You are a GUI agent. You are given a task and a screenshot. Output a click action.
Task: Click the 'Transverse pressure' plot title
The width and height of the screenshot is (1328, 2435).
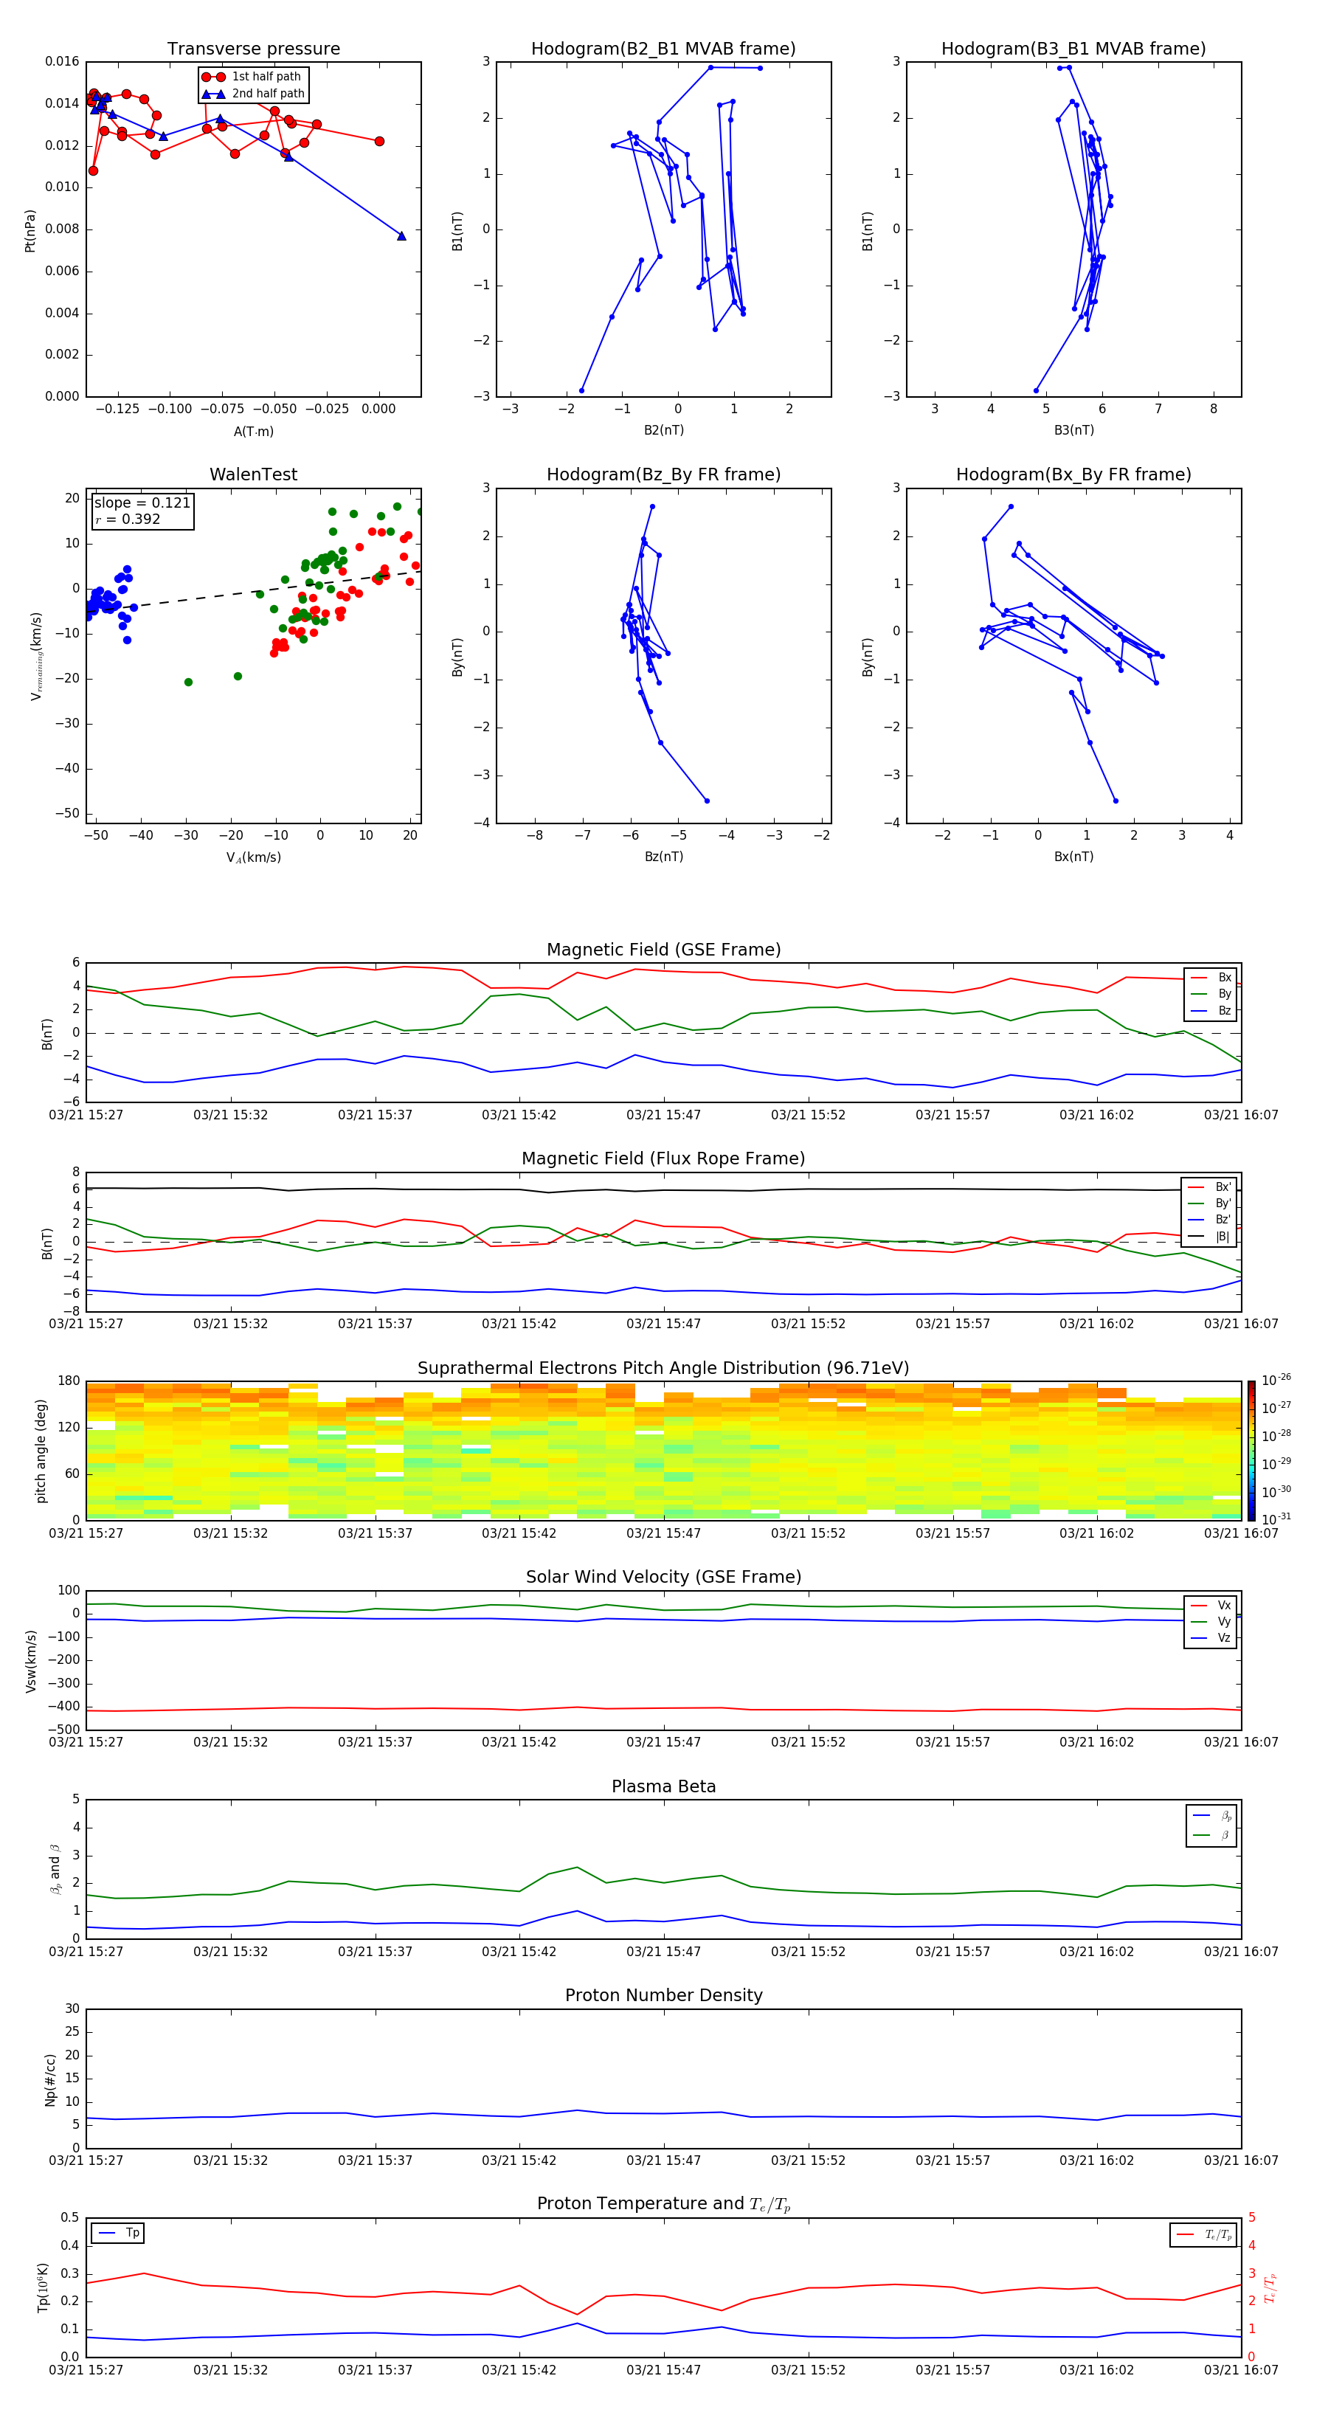click(253, 49)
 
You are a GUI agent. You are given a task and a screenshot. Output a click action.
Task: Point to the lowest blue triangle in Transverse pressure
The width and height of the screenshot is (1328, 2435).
click(401, 236)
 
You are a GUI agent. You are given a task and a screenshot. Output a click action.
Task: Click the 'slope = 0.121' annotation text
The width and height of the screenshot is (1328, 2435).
click(142, 503)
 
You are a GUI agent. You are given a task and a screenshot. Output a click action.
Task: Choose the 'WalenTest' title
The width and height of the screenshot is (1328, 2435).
click(253, 474)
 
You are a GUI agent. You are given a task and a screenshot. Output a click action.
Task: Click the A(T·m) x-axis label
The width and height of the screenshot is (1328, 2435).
click(253, 431)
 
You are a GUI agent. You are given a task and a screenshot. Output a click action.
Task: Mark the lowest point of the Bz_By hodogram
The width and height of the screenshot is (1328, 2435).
click(706, 801)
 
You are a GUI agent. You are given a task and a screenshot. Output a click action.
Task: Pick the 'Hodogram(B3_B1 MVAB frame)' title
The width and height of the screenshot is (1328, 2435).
click(1073, 49)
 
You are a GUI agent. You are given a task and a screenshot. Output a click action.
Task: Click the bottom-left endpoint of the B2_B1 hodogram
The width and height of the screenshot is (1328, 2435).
click(581, 390)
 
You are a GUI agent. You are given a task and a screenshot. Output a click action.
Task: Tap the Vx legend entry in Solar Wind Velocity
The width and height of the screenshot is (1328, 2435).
click(1223, 1605)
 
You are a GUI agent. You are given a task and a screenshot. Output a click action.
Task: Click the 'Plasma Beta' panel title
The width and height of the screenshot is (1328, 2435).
click(663, 1786)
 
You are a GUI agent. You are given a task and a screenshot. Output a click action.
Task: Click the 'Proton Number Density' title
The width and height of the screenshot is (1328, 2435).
click(663, 1995)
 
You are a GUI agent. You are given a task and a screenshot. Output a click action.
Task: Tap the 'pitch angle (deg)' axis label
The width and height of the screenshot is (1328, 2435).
click(41, 1450)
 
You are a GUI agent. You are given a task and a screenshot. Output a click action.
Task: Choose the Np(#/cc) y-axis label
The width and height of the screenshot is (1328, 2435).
click(50, 2079)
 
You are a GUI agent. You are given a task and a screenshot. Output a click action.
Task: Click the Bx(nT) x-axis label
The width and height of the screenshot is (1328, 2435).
click(1073, 857)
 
